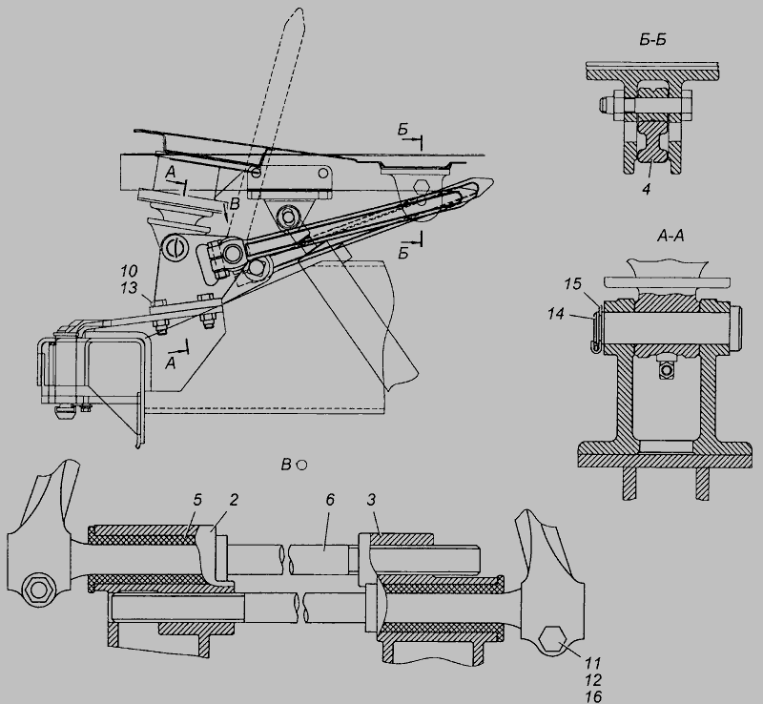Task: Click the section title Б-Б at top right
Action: point(652,40)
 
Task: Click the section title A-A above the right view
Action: point(670,237)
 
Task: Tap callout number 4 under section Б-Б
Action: point(646,189)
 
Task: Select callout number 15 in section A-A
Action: point(573,284)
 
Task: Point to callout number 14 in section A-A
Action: point(556,314)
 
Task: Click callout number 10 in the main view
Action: point(129,271)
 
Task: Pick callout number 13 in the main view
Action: point(129,288)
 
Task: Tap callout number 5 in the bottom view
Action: point(197,500)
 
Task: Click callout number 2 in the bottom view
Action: point(234,500)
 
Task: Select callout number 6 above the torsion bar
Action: point(330,500)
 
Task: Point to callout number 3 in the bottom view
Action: point(371,500)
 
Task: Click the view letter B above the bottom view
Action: point(285,465)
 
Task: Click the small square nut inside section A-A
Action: point(665,371)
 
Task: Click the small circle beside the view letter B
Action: point(301,465)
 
